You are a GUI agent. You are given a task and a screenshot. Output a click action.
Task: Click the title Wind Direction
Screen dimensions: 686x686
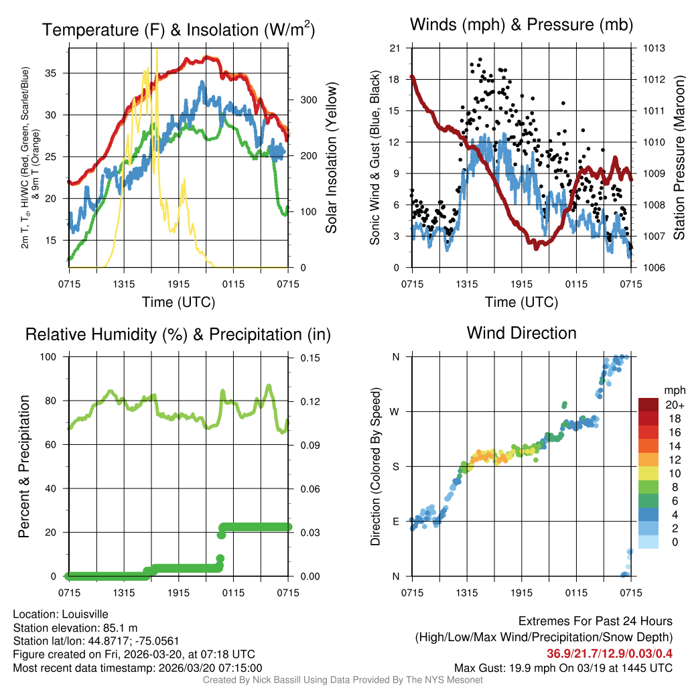[521, 333]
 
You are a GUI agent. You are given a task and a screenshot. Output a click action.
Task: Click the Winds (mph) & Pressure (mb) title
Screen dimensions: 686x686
[521, 25]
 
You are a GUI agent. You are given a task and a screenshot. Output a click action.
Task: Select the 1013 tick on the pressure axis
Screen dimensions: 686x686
[654, 48]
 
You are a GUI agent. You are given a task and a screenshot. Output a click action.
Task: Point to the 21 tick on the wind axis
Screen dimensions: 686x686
[395, 48]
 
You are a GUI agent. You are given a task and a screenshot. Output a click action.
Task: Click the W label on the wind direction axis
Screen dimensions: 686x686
[395, 412]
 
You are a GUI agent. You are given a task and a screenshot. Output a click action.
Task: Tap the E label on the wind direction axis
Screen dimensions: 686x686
[396, 522]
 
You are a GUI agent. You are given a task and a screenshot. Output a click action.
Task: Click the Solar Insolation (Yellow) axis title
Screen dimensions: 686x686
[331, 158]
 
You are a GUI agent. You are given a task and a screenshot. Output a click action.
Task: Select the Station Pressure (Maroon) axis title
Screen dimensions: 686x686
[678, 158]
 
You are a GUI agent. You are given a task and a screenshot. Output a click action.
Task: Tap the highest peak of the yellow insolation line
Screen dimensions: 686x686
[157, 50]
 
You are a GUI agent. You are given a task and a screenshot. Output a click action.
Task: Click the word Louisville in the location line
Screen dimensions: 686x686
[83, 614]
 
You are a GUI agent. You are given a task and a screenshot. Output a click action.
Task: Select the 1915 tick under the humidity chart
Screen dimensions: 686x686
[179, 592]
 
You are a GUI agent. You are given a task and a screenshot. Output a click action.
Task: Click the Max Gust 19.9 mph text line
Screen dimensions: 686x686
[563, 667]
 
